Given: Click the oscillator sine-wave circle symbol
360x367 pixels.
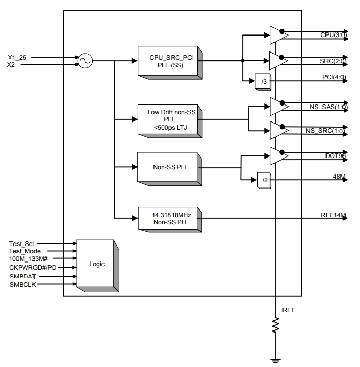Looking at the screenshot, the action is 85,61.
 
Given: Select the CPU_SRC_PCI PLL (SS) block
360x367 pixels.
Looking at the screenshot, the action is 170,63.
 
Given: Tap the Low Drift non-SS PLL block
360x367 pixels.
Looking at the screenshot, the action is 170,121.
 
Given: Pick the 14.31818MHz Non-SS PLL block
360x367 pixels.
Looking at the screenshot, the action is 170,220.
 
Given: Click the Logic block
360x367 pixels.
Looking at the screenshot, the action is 97,266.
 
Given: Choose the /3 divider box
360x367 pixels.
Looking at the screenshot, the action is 263,82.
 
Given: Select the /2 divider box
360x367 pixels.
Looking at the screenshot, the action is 264,181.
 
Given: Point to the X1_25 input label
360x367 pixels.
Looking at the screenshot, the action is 17,58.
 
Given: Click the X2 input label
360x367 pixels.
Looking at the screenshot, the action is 11,65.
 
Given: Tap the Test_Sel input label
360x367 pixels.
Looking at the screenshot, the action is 22,244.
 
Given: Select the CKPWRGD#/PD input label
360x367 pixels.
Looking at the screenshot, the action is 33,268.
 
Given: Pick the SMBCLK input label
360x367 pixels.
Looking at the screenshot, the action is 23,285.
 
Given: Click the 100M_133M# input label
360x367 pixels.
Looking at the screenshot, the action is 28,259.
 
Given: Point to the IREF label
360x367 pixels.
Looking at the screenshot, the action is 288,310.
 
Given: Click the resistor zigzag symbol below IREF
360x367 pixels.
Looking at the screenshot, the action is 276,325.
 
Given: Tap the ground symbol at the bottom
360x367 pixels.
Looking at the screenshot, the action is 276,361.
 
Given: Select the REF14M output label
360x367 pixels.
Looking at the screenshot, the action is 333,215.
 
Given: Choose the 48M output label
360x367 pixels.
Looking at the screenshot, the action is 339,176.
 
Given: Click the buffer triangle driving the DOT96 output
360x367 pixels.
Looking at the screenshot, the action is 279,156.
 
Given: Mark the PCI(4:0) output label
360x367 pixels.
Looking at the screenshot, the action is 334,77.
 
